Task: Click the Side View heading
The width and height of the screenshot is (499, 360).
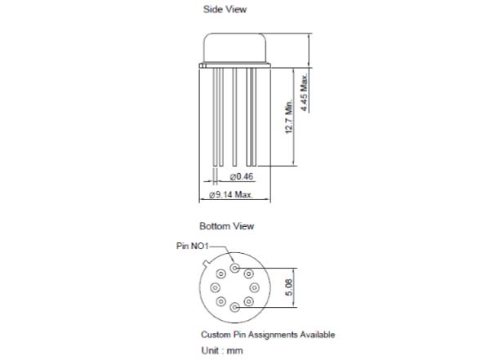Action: (x=225, y=9)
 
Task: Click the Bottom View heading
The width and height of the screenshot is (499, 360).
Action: (x=226, y=226)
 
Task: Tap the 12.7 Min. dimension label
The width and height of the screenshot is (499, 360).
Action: (x=288, y=117)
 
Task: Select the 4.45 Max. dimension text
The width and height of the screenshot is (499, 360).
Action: (x=305, y=92)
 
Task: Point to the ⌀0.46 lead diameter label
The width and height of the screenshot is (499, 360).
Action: (x=242, y=176)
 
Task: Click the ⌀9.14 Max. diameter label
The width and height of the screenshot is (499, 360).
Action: (x=231, y=194)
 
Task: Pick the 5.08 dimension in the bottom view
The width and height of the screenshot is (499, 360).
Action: (x=288, y=287)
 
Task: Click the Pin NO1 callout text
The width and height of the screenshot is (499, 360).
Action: (x=193, y=246)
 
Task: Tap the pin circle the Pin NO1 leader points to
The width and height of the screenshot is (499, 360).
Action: (x=235, y=269)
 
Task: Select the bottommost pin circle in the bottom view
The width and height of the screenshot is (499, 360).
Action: (x=235, y=307)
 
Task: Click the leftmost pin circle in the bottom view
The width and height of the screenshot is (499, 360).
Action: (x=215, y=288)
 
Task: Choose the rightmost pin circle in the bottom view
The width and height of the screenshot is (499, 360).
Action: (x=254, y=288)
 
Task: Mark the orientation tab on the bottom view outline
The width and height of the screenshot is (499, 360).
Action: (x=207, y=263)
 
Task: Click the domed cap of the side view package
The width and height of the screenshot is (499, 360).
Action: (x=235, y=47)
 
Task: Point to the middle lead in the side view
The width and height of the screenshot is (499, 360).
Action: (x=234, y=117)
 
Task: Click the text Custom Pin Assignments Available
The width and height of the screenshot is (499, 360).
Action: (x=268, y=335)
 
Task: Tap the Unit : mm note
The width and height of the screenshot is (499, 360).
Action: (x=222, y=350)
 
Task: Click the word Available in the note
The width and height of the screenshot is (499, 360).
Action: (x=318, y=335)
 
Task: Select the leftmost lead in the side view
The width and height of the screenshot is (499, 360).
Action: (x=216, y=117)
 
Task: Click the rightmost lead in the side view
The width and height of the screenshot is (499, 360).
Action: (x=254, y=117)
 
